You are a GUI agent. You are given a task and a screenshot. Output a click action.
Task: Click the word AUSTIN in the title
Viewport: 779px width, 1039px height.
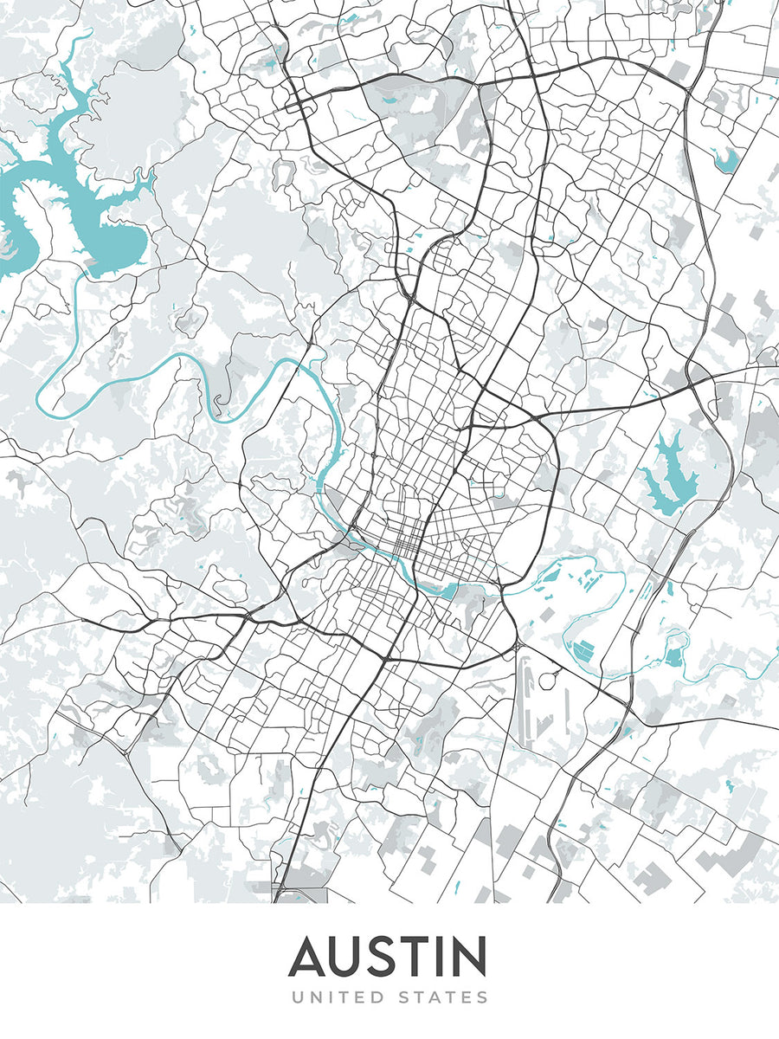pyautogui.click(x=388, y=957)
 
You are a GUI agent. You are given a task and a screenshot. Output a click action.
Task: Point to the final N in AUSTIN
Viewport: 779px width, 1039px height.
pyautogui.click(x=467, y=957)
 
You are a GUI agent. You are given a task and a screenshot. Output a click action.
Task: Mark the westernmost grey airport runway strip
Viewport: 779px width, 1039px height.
pyautogui.click(x=525, y=693)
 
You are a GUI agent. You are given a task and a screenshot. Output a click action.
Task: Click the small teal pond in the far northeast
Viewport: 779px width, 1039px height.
pyautogui.click(x=725, y=160)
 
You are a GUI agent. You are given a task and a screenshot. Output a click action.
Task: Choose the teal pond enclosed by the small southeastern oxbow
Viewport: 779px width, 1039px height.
pyautogui.click(x=674, y=656)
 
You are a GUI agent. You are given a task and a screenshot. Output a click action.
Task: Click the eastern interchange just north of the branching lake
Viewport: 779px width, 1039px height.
pyautogui.click(x=701, y=381)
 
